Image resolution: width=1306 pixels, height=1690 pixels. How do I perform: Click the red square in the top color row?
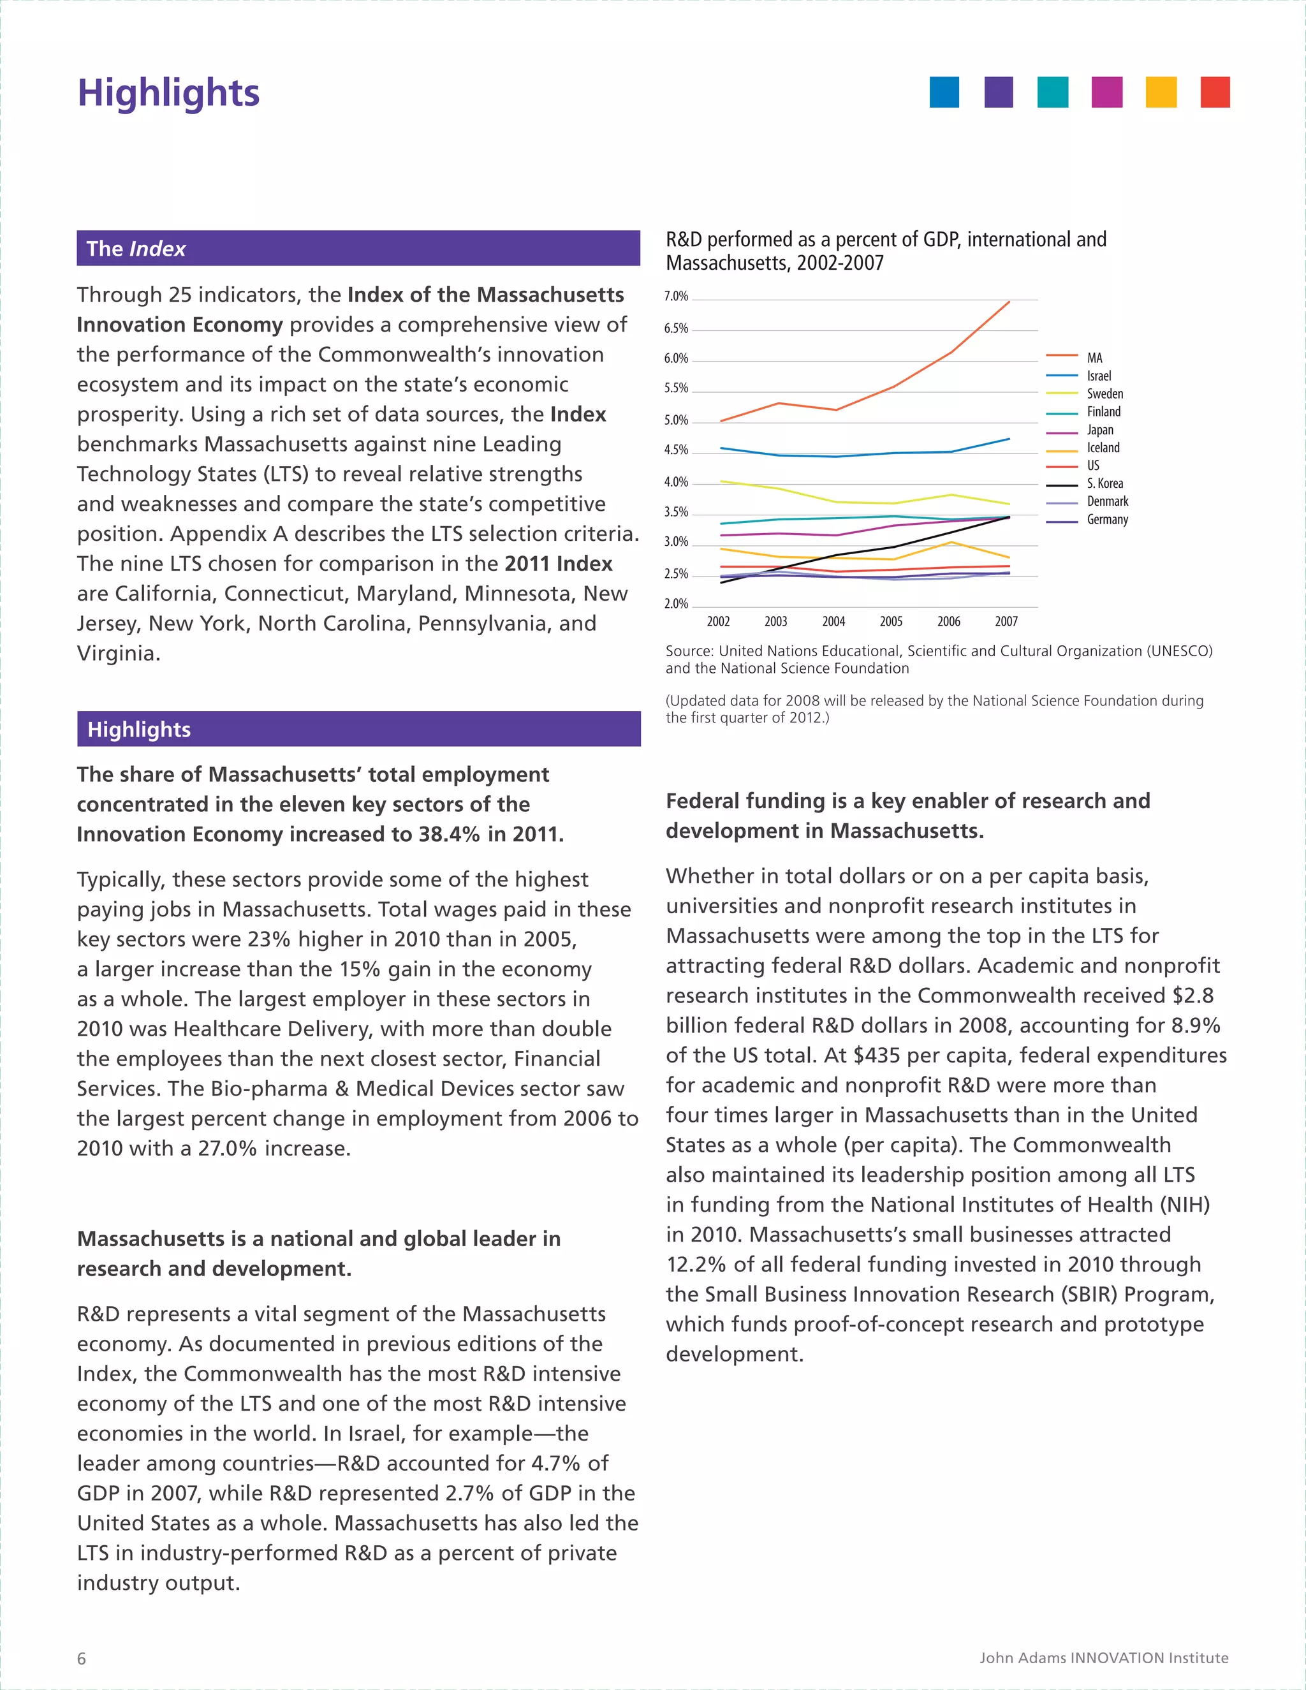[x=1215, y=92]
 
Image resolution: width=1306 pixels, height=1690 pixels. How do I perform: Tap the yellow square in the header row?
[x=1161, y=92]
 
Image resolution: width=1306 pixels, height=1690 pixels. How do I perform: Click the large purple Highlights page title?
[x=168, y=93]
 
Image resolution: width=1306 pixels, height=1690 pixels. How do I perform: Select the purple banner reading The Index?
[x=358, y=248]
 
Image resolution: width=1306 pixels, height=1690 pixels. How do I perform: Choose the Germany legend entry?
[x=1106, y=519]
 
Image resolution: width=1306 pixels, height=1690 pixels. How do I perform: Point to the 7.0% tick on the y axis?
[x=675, y=297]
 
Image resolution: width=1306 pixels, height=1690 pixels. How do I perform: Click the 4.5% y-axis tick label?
[x=675, y=450]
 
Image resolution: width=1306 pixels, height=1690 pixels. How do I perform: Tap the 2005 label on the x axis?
[x=890, y=621]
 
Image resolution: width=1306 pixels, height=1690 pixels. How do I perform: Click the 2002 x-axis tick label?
[x=718, y=621]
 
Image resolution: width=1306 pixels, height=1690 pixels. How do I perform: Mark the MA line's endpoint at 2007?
[x=1009, y=302]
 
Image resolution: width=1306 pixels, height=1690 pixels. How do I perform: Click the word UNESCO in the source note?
[x=1179, y=650]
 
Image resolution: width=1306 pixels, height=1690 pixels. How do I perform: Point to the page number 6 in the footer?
[x=81, y=1658]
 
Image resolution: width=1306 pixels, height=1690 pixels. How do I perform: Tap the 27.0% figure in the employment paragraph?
[x=226, y=1149]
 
